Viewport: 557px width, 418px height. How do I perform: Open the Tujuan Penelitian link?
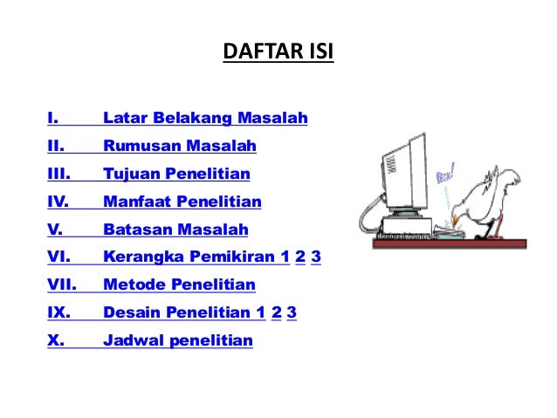[x=176, y=174]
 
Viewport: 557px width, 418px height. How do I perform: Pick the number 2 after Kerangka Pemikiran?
[x=300, y=257]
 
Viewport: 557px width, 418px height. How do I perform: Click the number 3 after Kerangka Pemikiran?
[x=315, y=257]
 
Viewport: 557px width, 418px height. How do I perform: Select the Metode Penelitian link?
[x=179, y=284]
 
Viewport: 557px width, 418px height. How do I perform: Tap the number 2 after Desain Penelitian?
[x=276, y=312]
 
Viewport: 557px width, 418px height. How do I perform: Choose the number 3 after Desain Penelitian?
[x=291, y=312]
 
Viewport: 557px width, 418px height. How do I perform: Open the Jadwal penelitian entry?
[x=177, y=340]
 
